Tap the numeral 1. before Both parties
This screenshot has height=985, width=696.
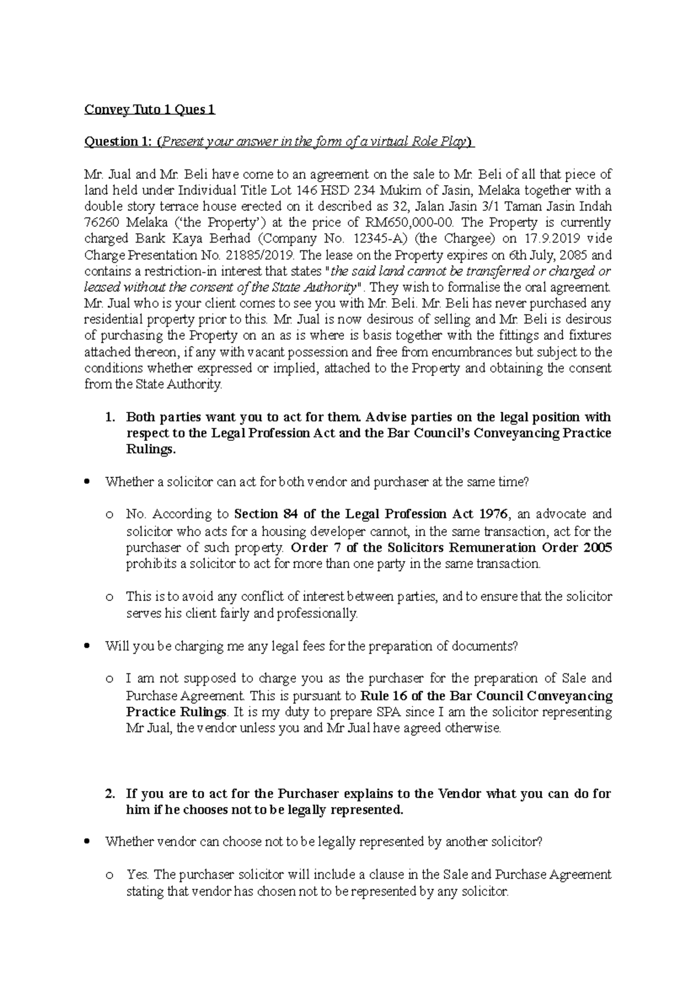point(110,418)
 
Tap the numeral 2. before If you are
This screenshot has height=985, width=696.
point(110,794)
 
